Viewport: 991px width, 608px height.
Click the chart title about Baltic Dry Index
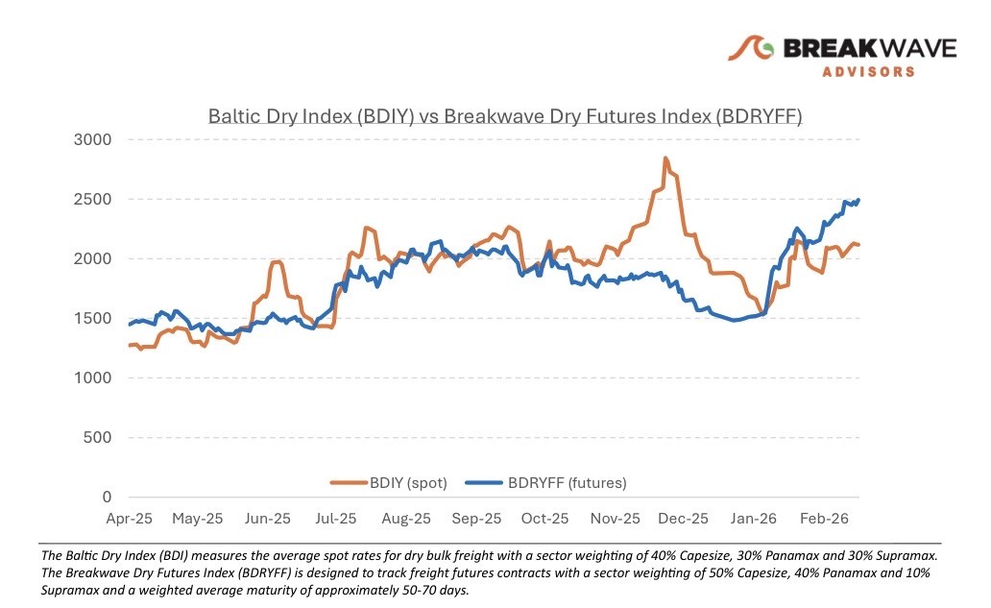click(505, 117)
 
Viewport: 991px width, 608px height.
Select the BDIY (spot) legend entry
click(390, 483)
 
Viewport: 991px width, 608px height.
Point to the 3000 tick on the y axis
click(93, 140)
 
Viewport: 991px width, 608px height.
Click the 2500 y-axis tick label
click(93, 200)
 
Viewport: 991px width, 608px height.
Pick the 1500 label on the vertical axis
click(93, 319)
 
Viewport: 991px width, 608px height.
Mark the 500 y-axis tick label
click(99, 438)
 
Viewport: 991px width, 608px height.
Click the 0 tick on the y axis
click(108, 498)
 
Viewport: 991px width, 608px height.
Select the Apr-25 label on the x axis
click(128, 519)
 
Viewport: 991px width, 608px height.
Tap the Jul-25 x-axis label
click(336, 519)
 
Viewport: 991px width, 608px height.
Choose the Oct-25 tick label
click(545, 519)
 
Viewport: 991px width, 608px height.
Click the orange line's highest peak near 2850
click(665, 158)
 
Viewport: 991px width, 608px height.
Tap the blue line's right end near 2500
click(858, 200)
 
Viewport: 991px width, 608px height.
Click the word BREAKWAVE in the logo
click(870, 48)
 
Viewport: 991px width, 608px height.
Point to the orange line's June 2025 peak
click(277, 261)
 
